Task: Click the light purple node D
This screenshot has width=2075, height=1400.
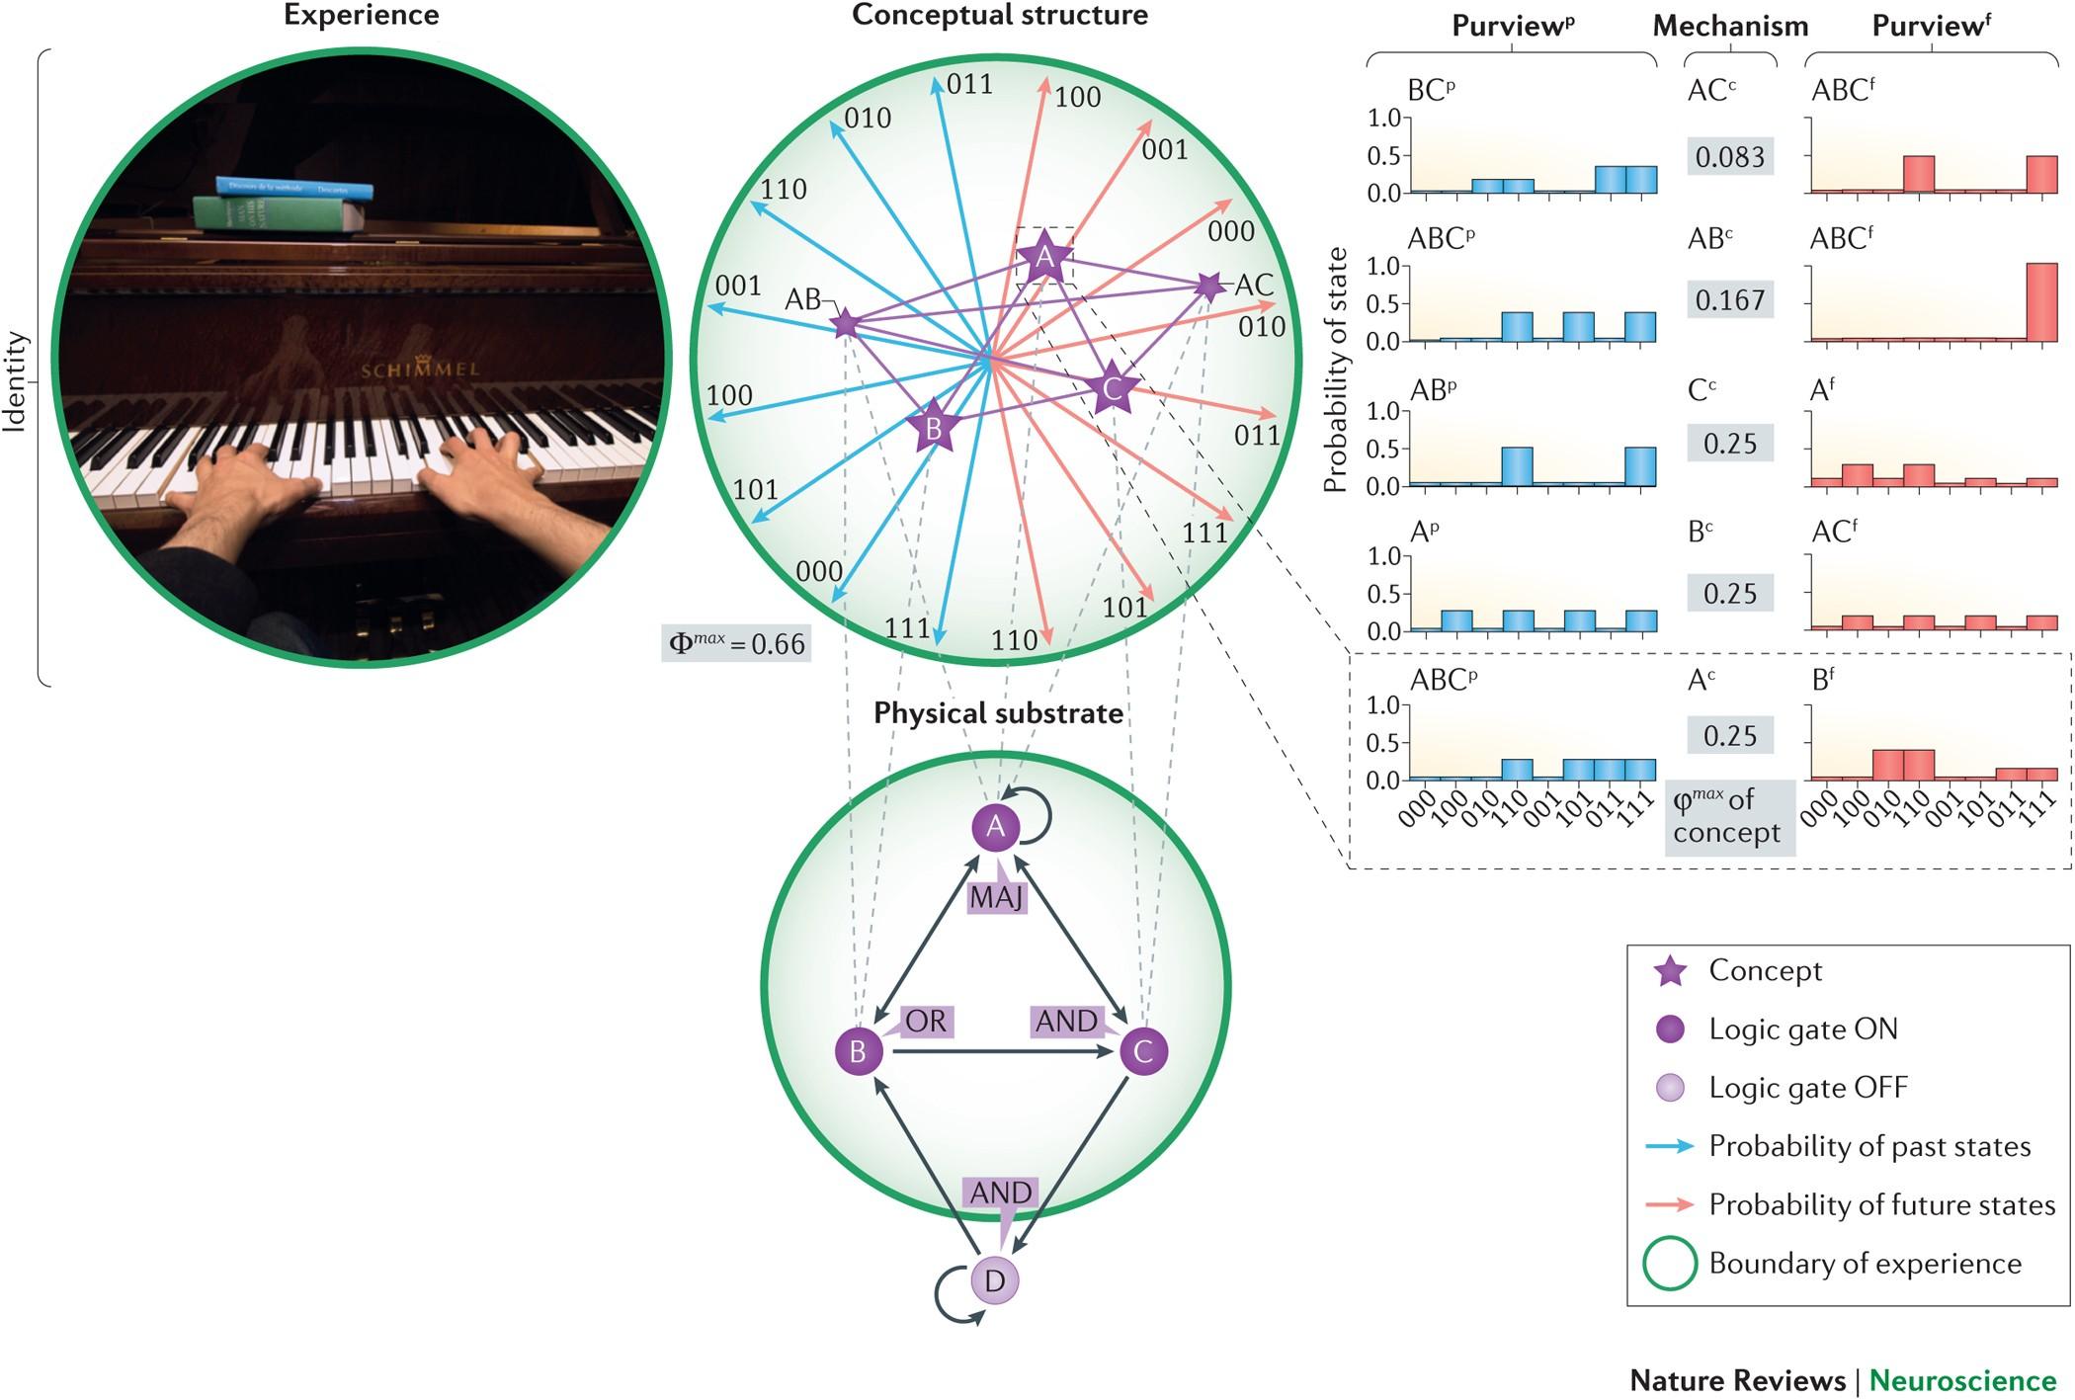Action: click(994, 1280)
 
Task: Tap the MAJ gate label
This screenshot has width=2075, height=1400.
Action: click(996, 897)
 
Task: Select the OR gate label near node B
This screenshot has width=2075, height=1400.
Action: click(925, 1021)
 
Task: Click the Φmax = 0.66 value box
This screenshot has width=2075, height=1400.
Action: click(737, 643)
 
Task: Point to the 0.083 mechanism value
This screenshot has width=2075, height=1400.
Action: click(1729, 156)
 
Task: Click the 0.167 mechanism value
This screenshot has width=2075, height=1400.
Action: click(1729, 299)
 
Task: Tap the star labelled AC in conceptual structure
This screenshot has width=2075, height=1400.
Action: click(1209, 287)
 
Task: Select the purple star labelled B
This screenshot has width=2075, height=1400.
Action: click(932, 428)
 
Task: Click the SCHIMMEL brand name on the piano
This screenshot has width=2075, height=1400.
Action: click(420, 371)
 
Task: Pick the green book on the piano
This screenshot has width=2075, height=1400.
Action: click(277, 214)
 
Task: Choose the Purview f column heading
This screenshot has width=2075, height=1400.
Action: click(1930, 27)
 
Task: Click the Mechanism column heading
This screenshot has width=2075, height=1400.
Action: click(1730, 27)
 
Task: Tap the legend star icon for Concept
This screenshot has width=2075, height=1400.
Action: click(1670, 971)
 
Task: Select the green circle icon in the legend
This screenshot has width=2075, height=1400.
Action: click(1670, 1264)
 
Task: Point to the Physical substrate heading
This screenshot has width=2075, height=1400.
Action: click(998, 713)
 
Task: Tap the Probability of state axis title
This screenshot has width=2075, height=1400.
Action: click(1336, 370)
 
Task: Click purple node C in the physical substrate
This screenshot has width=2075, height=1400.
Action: click(1143, 1050)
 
